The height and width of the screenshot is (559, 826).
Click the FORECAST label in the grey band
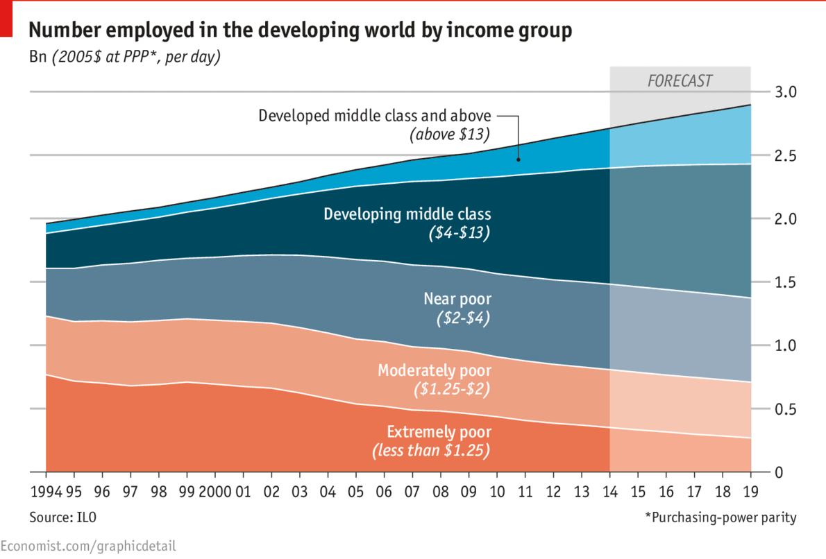click(680, 80)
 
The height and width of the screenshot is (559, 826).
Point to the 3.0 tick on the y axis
click(785, 92)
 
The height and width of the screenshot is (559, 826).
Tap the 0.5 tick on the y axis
click(785, 409)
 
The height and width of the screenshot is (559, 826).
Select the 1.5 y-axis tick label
click(785, 282)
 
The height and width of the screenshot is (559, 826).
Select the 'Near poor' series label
click(457, 300)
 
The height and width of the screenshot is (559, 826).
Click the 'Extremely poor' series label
click(438, 432)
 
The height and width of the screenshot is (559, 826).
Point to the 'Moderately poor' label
click(434, 370)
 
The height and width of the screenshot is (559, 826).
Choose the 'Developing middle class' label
click(407, 214)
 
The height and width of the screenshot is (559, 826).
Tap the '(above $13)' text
click(449, 134)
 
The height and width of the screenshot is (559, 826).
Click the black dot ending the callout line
click(518, 160)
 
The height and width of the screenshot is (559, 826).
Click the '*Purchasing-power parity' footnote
click(720, 518)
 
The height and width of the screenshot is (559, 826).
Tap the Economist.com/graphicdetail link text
click(88, 546)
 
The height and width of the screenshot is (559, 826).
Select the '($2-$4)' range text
click(463, 320)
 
